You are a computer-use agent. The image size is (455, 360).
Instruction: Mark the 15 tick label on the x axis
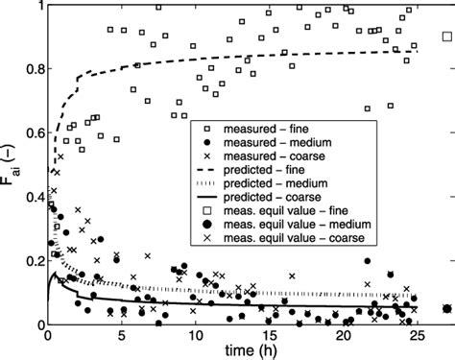pyautogui.click(x=269, y=336)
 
